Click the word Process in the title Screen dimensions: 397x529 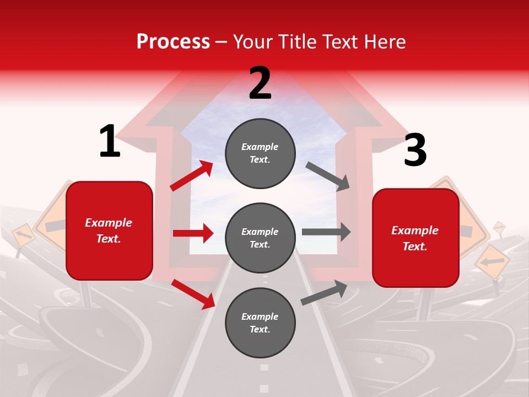coord(173,42)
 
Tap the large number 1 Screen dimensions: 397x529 coord(110,141)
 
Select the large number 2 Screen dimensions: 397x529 coord(260,83)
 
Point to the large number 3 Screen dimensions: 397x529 coord(415,150)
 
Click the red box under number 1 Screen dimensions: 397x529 coord(109,230)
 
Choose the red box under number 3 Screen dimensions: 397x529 coord(415,238)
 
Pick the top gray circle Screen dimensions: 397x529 coord(260,153)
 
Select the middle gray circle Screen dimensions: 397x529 coord(260,238)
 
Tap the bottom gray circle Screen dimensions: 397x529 coord(260,323)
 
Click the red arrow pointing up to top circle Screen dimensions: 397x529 coord(192,176)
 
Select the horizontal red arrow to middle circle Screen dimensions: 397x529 coord(193,233)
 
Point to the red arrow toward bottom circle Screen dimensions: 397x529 coord(193,293)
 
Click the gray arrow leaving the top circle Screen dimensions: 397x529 coord(328,176)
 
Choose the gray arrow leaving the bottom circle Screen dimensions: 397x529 coord(325,292)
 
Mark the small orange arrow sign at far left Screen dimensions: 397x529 coord(23,235)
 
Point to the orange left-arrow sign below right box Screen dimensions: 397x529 coord(492,261)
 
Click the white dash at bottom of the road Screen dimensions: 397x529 coord(264,367)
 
